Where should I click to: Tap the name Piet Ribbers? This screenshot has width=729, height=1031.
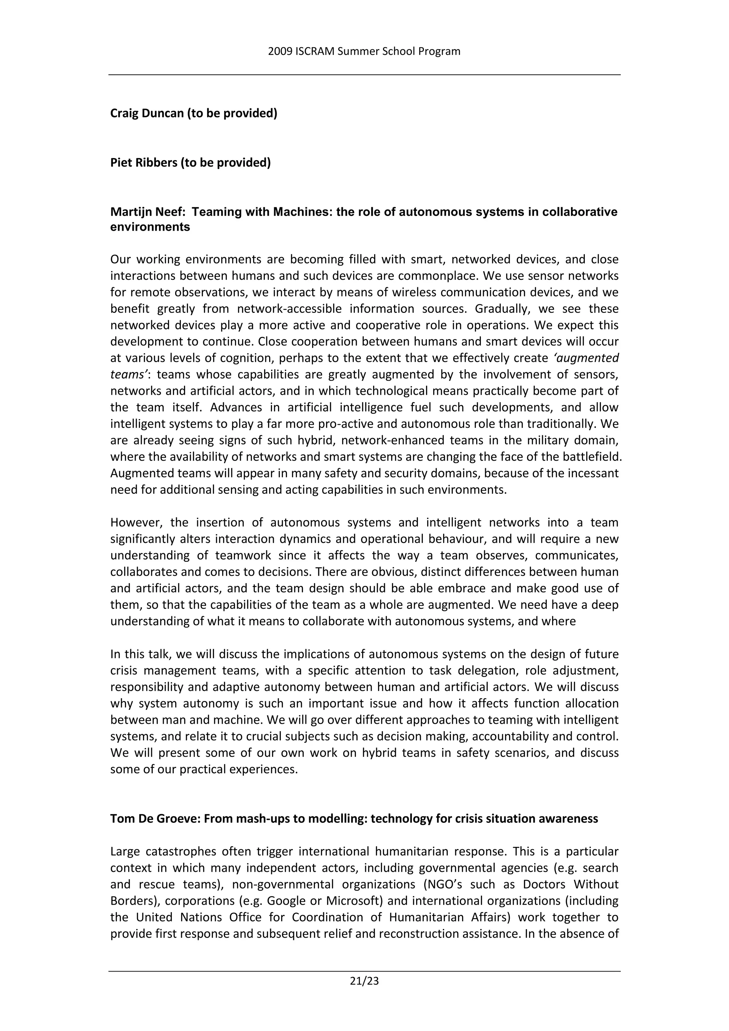144,163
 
